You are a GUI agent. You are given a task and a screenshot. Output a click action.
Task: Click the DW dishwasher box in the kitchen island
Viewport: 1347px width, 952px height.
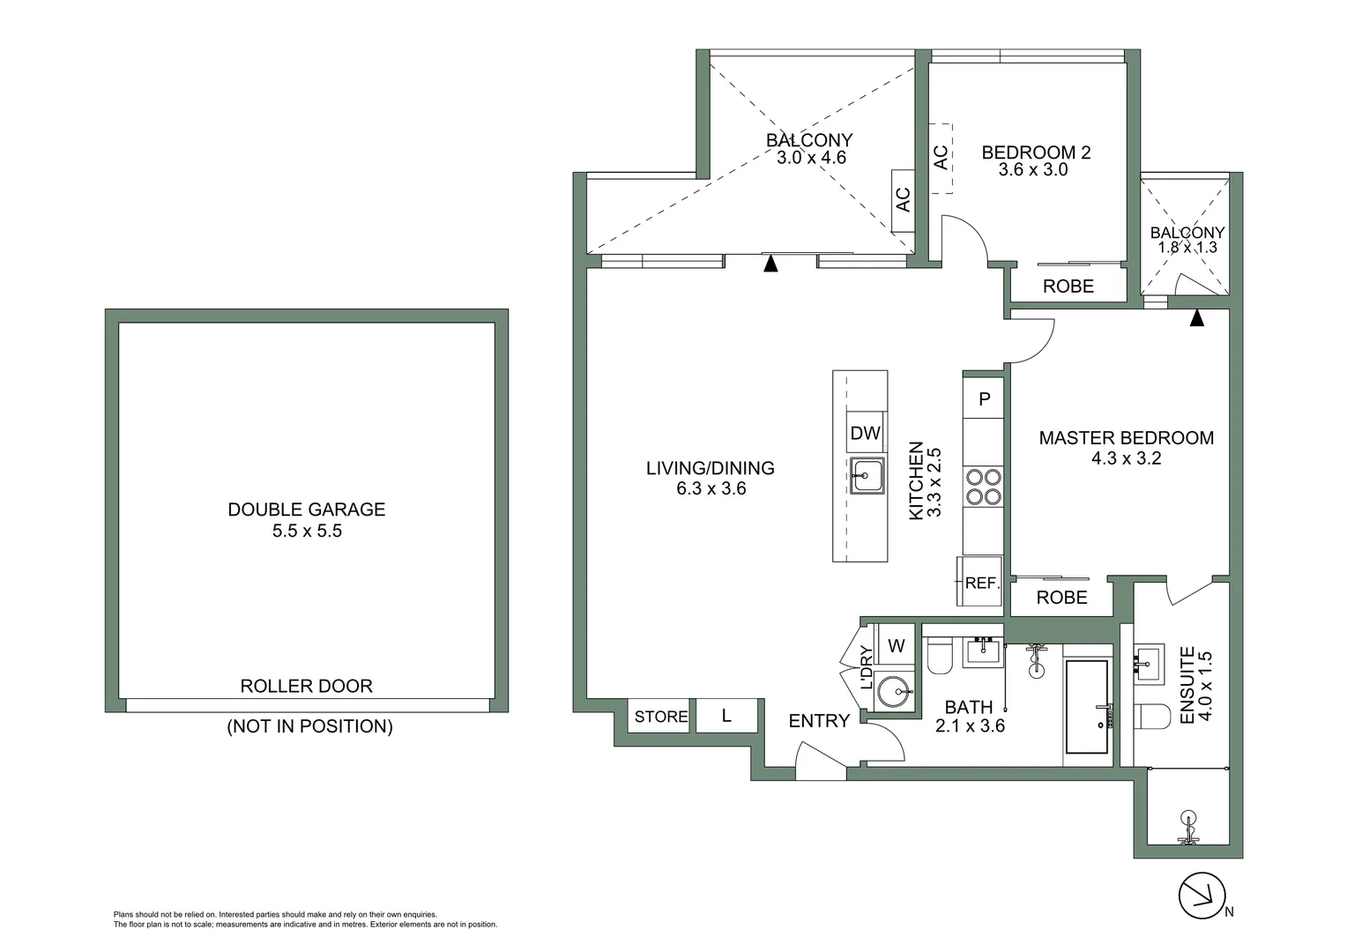866,433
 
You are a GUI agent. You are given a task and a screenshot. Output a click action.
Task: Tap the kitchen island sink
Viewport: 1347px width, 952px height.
867,477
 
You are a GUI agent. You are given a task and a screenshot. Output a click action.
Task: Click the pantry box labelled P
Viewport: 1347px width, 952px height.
985,399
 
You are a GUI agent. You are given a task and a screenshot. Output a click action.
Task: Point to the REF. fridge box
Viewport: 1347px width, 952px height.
980,583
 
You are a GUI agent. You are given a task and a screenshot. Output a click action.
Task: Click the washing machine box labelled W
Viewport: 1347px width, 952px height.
897,646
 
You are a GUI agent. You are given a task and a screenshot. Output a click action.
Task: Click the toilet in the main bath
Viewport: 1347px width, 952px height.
938,657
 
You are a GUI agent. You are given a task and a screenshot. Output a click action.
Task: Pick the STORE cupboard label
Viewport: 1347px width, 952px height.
661,717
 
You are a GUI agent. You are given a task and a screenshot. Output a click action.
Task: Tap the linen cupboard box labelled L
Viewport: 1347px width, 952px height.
726,716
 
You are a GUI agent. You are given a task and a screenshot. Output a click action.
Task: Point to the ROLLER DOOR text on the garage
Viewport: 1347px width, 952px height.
306,686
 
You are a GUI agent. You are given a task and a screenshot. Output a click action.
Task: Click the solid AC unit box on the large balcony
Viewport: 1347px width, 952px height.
903,200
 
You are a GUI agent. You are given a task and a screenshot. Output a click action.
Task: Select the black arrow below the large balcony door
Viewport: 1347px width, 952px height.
770,263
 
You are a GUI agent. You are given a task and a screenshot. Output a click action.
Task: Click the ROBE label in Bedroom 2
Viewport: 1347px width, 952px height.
1068,286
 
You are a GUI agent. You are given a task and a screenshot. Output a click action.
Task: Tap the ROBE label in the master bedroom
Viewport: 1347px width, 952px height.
1061,598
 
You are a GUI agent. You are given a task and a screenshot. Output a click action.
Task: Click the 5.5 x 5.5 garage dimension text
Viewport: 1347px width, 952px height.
306,531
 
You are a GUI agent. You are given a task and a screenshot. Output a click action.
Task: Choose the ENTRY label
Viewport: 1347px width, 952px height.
818,721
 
